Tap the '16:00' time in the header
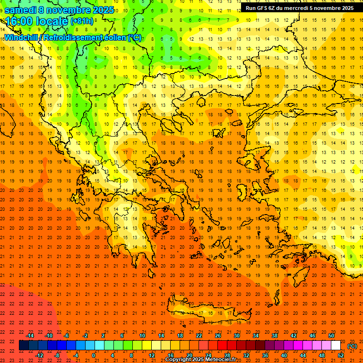pos(19,22)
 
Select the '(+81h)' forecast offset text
pos(82,21)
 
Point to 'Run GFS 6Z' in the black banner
pos(261,8)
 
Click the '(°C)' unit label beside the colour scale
pos(352,346)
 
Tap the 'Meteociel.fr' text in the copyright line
pos(219,360)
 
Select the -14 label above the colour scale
pos(30,336)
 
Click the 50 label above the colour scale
pos(331,336)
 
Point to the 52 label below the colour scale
pos(341,355)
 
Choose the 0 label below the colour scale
pos(94,355)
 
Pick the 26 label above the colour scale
pos(218,336)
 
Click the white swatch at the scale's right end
pos(336,346)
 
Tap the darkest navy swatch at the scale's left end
pos(24,346)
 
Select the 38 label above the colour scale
pos(275,336)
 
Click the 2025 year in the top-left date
pos(103,10)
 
